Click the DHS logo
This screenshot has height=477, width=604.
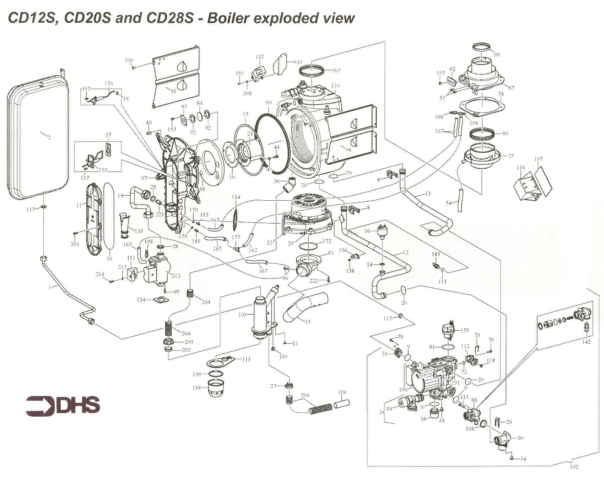click(x=63, y=405)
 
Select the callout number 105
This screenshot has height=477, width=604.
click(x=243, y=314)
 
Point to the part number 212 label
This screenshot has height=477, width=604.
click(x=176, y=275)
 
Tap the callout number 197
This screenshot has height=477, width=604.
click(x=539, y=159)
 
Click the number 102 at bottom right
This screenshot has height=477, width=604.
click(x=574, y=466)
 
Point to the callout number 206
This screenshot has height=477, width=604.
click(x=305, y=395)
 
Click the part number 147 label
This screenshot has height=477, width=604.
click(x=260, y=57)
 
